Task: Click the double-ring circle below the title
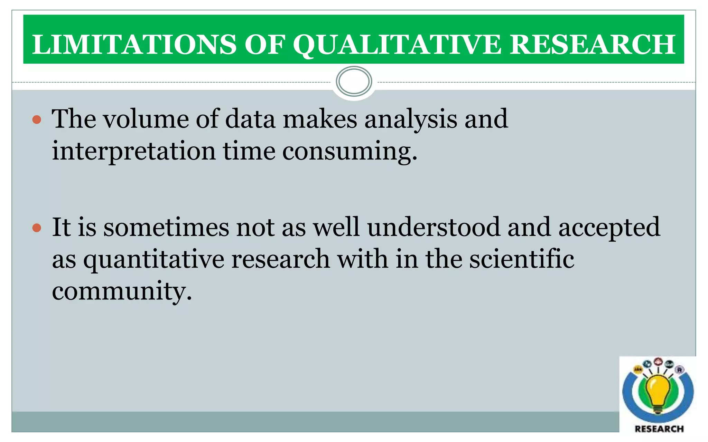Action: [354, 81]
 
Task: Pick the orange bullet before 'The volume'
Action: [37, 120]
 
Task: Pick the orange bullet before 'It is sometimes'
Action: [37, 228]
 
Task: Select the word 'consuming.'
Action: [350, 151]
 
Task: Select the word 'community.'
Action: [122, 291]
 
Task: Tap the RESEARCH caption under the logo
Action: [659, 429]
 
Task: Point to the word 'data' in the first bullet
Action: [250, 119]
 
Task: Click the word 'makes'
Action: [320, 119]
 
